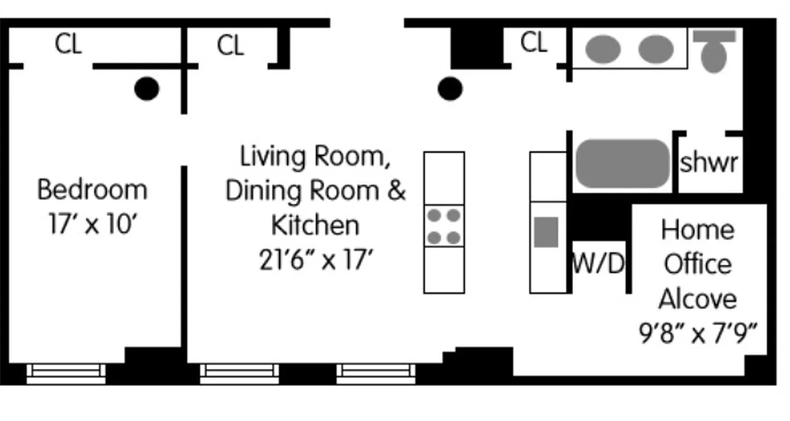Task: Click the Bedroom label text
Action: pos(92,189)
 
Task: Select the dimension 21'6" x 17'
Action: pos(315,259)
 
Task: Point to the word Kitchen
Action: pos(315,225)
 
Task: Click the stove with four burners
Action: pos(443,226)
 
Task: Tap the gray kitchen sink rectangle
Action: pos(546,232)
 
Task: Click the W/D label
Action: pos(598,264)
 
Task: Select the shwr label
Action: pos(709,163)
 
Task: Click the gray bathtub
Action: pos(623,163)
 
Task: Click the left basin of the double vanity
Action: pos(603,49)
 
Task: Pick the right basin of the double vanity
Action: pos(656,49)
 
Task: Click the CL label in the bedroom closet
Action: pos(68,44)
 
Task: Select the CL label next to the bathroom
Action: pos(534,43)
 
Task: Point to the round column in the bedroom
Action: pos(146,88)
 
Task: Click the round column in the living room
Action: pos(450,88)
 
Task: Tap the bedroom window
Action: pos(66,373)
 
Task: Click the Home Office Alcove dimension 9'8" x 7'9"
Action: pos(698,334)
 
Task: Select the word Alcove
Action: pos(697,299)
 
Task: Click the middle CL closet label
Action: pos(230,46)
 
